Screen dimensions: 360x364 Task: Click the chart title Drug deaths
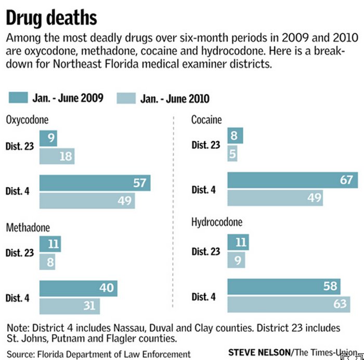click(x=51, y=18)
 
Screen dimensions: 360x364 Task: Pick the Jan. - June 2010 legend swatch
click(x=126, y=98)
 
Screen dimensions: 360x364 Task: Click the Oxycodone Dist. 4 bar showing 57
click(x=95, y=183)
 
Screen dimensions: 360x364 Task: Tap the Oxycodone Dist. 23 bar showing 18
click(x=57, y=156)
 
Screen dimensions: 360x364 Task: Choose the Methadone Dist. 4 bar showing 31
click(x=69, y=306)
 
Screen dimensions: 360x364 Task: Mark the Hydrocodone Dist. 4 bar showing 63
click(x=290, y=304)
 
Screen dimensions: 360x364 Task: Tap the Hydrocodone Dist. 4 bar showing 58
click(x=284, y=286)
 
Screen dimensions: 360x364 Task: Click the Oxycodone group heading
click(x=27, y=120)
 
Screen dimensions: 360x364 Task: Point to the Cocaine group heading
click(x=206, y=120)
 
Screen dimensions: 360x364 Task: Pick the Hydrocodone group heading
click(x=217, y=223)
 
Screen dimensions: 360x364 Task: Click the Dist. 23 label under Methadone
click(x=20, y=253)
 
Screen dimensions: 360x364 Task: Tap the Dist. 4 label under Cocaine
click(x=204, y=190)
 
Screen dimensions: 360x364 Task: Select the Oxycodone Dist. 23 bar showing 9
click(x=48, y=139)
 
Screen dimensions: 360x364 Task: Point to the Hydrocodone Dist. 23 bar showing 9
click(x=237, y=260)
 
